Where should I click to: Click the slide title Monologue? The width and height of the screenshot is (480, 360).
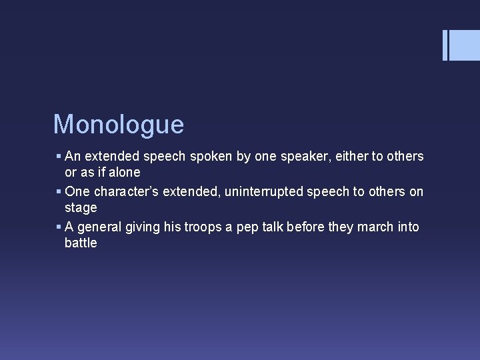pos(118,125)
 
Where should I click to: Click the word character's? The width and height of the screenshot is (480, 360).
pos(125,191)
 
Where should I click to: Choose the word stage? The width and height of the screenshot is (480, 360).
pos(81,207)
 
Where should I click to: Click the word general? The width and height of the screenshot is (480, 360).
pos(99,227)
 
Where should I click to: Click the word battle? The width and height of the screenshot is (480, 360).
pos(81,243)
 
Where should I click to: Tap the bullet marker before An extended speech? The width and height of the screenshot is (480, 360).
pos(59,157)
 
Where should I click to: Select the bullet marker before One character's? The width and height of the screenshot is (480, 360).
pos(59,192)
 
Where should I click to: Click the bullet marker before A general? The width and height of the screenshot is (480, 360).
pos(59,227)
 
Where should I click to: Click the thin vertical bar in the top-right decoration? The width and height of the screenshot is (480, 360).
pos(445,45)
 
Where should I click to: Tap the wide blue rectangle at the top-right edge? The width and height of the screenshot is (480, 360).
pos(465,45)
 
